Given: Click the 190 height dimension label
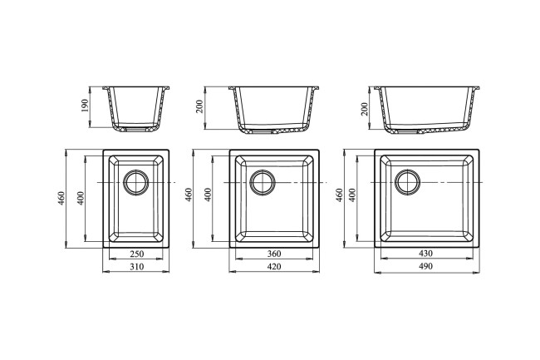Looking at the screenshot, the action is coord(85,106).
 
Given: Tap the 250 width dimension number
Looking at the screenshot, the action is coord(137,254).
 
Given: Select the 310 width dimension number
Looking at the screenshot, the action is coord(137,267).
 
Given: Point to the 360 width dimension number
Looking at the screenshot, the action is coord(274,254).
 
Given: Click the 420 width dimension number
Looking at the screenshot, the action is coord(274,267).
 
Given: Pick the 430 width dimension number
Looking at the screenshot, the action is coord(426,254).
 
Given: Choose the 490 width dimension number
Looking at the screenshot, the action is coord(426,266).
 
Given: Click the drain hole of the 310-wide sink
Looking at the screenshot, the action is coord(136,182).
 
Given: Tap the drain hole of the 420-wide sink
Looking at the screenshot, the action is coord(263,182).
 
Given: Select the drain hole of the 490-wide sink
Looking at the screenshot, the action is coord(408,182).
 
